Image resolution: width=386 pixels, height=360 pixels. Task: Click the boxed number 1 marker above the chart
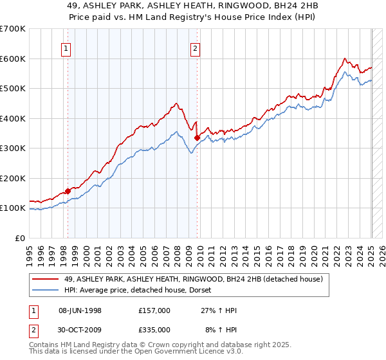(67, 47)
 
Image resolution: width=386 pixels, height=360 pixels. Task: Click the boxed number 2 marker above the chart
(195, 47)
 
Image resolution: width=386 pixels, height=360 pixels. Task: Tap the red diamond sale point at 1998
(68, 191)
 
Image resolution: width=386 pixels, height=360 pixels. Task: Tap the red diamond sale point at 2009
(197, 138)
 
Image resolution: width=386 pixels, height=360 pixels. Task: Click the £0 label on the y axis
(20, 238)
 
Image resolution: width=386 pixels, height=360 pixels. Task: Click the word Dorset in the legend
(208, 290)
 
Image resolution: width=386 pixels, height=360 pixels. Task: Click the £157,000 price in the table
(154, 310)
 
